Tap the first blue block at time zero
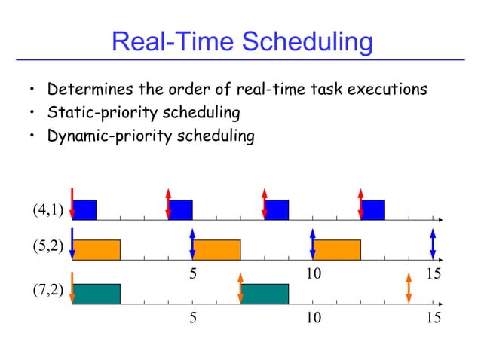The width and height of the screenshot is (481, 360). pos(85,209)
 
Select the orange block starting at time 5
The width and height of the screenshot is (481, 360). pos(217,250)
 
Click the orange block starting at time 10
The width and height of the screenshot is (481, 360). pos(337,250)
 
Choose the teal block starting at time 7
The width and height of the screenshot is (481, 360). pos(265,294)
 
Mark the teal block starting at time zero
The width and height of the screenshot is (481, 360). pos(97,294)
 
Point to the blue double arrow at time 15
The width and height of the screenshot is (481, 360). pos(433,243)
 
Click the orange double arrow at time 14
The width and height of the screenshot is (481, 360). pos(408,287)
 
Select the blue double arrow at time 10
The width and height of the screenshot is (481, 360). pos(312,243)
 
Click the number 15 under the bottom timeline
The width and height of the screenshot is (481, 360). pos(433,318)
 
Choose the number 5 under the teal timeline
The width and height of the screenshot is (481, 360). pos(193,318)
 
